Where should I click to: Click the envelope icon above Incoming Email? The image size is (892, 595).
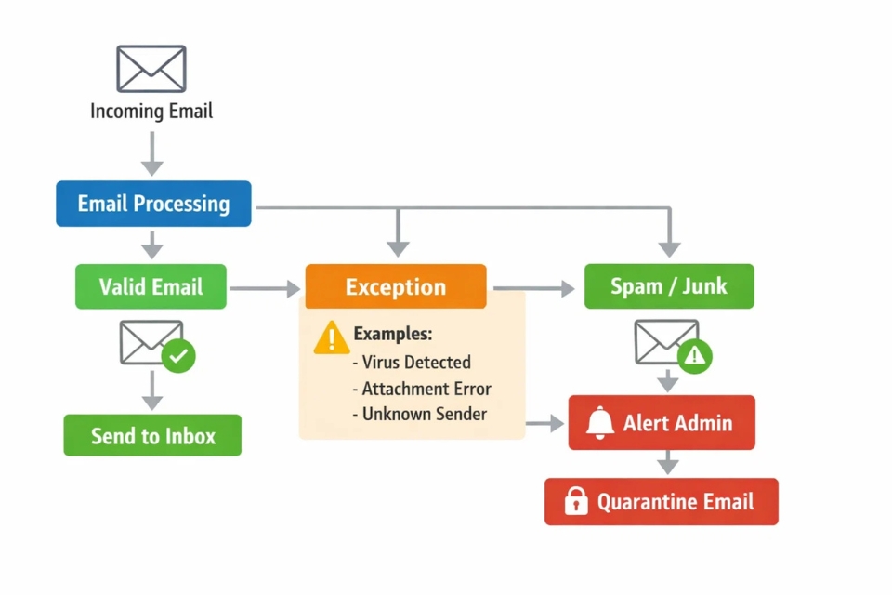click(151, 69)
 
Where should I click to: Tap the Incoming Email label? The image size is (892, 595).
click(151, 112)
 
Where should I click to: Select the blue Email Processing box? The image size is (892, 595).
click(153, 204)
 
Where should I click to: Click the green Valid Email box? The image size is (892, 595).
click(151, 286)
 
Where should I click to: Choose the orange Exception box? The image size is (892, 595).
click(396, 287)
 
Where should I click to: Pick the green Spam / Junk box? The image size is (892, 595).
click(669, 286)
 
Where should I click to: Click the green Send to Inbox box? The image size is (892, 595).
click(152, 435)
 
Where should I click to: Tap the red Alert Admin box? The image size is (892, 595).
click(662, 423)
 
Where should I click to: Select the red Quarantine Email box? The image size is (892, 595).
click(661, 502)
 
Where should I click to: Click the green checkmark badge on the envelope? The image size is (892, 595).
click(178, 356)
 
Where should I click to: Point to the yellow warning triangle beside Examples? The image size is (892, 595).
click(332, 337)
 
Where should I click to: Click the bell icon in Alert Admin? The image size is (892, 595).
click(600, 423)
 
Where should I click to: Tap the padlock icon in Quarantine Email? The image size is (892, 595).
click(576, 502)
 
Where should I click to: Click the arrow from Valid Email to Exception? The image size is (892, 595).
click(266, 290)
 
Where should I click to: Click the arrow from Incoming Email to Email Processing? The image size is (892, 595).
click(152, 153)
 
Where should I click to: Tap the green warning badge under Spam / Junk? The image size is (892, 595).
click(694, 355)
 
